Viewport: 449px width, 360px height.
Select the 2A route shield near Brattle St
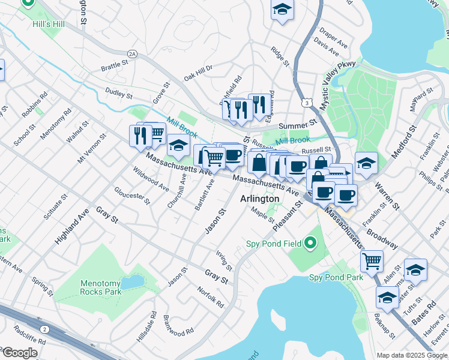coord(132,54)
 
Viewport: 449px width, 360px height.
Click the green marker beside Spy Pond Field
coord(310,243)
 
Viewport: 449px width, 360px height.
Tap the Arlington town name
coord(259,199)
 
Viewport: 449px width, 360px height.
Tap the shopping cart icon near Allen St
coord(372,261)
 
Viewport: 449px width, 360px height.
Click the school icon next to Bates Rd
coord(387,298)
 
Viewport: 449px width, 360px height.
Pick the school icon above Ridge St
coord(282,10)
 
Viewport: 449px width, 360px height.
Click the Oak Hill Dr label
coord(198,73)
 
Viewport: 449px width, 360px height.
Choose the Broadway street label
coord(382,238)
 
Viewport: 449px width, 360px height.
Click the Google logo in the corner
coord(19,353)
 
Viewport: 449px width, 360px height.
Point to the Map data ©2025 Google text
coord(412,355)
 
